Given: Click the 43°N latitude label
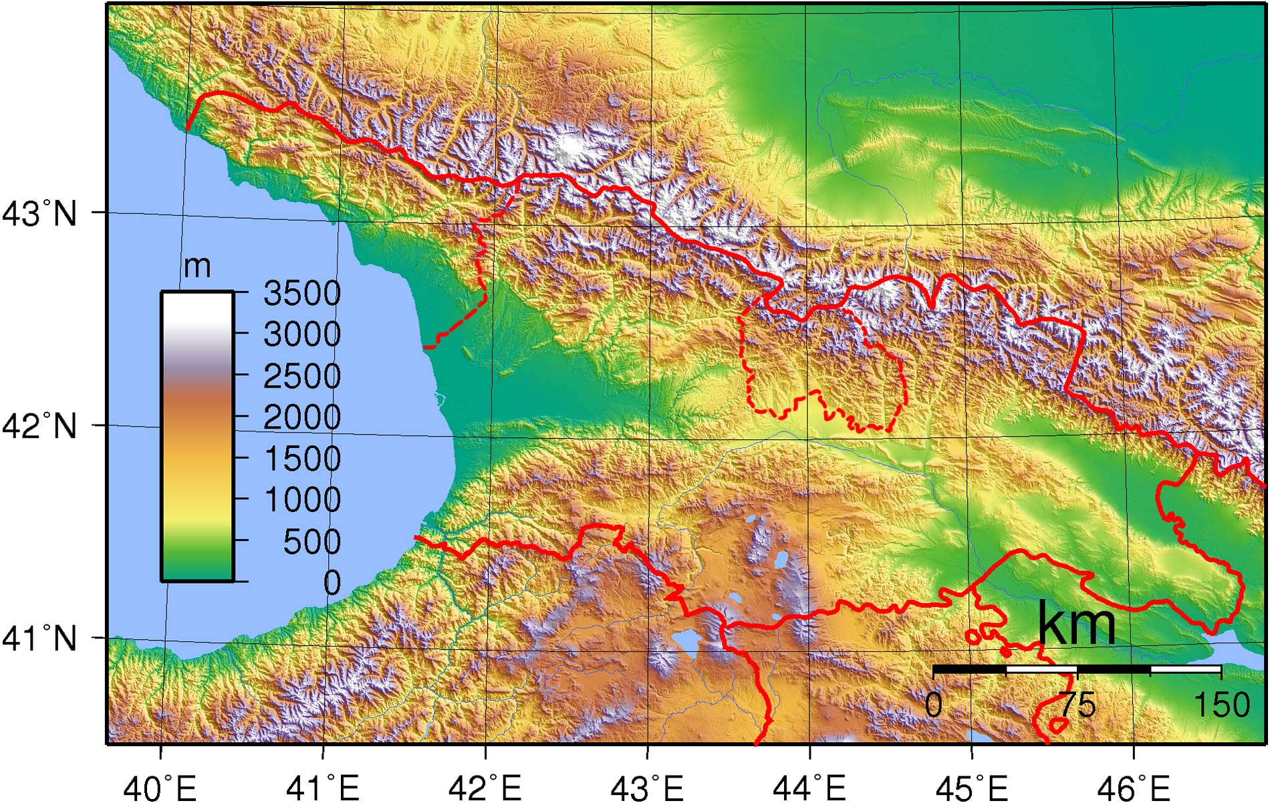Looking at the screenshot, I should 39,214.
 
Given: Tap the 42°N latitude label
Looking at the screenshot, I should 39,426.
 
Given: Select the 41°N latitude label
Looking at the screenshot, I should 39,639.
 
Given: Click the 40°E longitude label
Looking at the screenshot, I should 160,788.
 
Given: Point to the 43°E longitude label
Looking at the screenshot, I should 647,788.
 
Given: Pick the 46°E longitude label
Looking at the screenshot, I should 1134,788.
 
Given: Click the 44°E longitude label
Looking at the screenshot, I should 809,788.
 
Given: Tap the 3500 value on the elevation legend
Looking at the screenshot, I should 302,293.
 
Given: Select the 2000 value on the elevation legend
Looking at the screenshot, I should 302,417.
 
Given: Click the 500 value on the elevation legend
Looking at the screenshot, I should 311,542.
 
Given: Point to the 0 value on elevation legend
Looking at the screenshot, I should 332,583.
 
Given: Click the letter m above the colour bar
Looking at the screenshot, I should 197,267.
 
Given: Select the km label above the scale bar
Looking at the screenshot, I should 1076,623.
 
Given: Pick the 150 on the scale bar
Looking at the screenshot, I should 1222,705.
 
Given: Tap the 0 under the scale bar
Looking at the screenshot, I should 934,705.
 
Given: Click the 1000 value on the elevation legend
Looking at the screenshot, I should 302,499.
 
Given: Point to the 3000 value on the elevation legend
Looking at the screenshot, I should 302,334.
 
